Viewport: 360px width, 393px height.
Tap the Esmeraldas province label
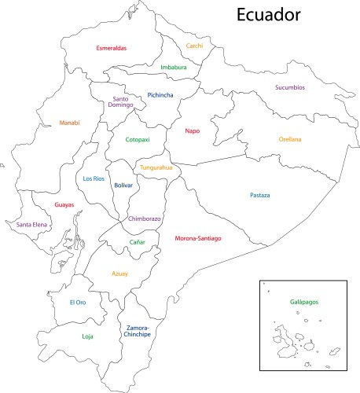pyautogui.click(x=112, y=48)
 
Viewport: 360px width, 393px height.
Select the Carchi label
pyautogui.click(x=194, y=46)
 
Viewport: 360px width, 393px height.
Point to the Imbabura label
pyautogui.click(x=174, y=68)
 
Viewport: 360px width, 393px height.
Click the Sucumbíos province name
pyautogui.click(x=290, y=87)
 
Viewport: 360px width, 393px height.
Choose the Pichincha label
pyautogui.click(x=160, y=96)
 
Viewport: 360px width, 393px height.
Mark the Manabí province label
pyautogui.click(x=69, y=123)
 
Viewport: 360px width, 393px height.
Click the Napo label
pyautogui.click(x=192, y=131)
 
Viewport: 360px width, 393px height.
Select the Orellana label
pyautogui.click(x=289, y=139)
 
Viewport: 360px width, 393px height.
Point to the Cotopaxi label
pyautogui.click(x=138, y=140)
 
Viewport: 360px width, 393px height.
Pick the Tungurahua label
pyautogui.click(x=156, y=167)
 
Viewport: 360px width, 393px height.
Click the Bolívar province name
pyautogui.click(x=123, y=185)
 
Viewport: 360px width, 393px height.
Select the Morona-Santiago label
pyautogui.click(x=197, y=237)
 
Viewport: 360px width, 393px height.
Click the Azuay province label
pyautogui.click(x=119, y=274)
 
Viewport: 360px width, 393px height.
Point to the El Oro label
pyautogui.click(x=77, y=303)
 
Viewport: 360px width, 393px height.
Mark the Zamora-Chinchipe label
pyautogui.click(x=138, y=331)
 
